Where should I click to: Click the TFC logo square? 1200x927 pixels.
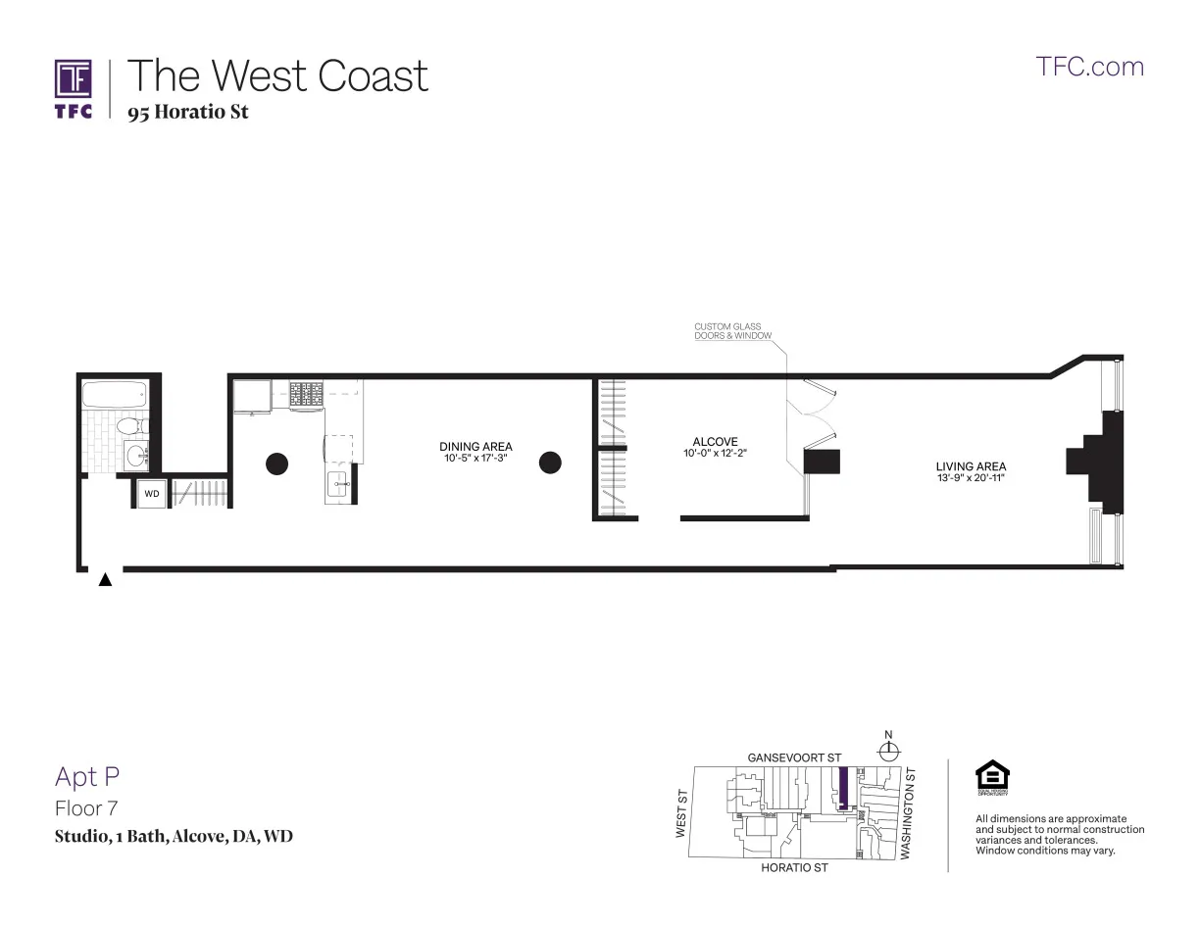pyautogui.click(x=74, y=78)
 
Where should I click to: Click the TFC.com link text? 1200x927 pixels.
pyautogui.click(x=1090, y=67)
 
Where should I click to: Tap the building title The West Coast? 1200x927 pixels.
pyautogui.click(x=278, y=76)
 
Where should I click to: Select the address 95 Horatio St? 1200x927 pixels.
pyautogui.click(x=188, y=112)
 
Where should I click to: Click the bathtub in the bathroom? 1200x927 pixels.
pyautogui.click(x=115, y=396)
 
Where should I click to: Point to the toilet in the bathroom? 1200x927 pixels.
pyautogui.click(x=128, y=427)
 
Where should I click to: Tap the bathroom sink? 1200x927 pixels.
pyautogui.click(x=135, y=457)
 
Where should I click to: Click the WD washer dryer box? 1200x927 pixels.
pyautogui.click(x=151, y=494)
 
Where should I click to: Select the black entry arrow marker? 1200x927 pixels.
pyautogui.click(x=105, y=580)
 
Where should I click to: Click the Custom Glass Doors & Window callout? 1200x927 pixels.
pyautogui.click(x=732, y=331)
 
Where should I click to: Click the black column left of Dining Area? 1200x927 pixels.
pyautogui.click(x=277, y=463)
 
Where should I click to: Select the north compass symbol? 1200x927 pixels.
pyautogui.click(x=889, y=751)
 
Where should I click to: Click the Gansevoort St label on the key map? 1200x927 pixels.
pyautogui.click(x=794, y=757)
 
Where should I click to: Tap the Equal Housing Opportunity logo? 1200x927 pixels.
pyautogui.click(x=992, y=778)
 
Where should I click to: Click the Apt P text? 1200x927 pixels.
pyautogui.click(x=87, y=777)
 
